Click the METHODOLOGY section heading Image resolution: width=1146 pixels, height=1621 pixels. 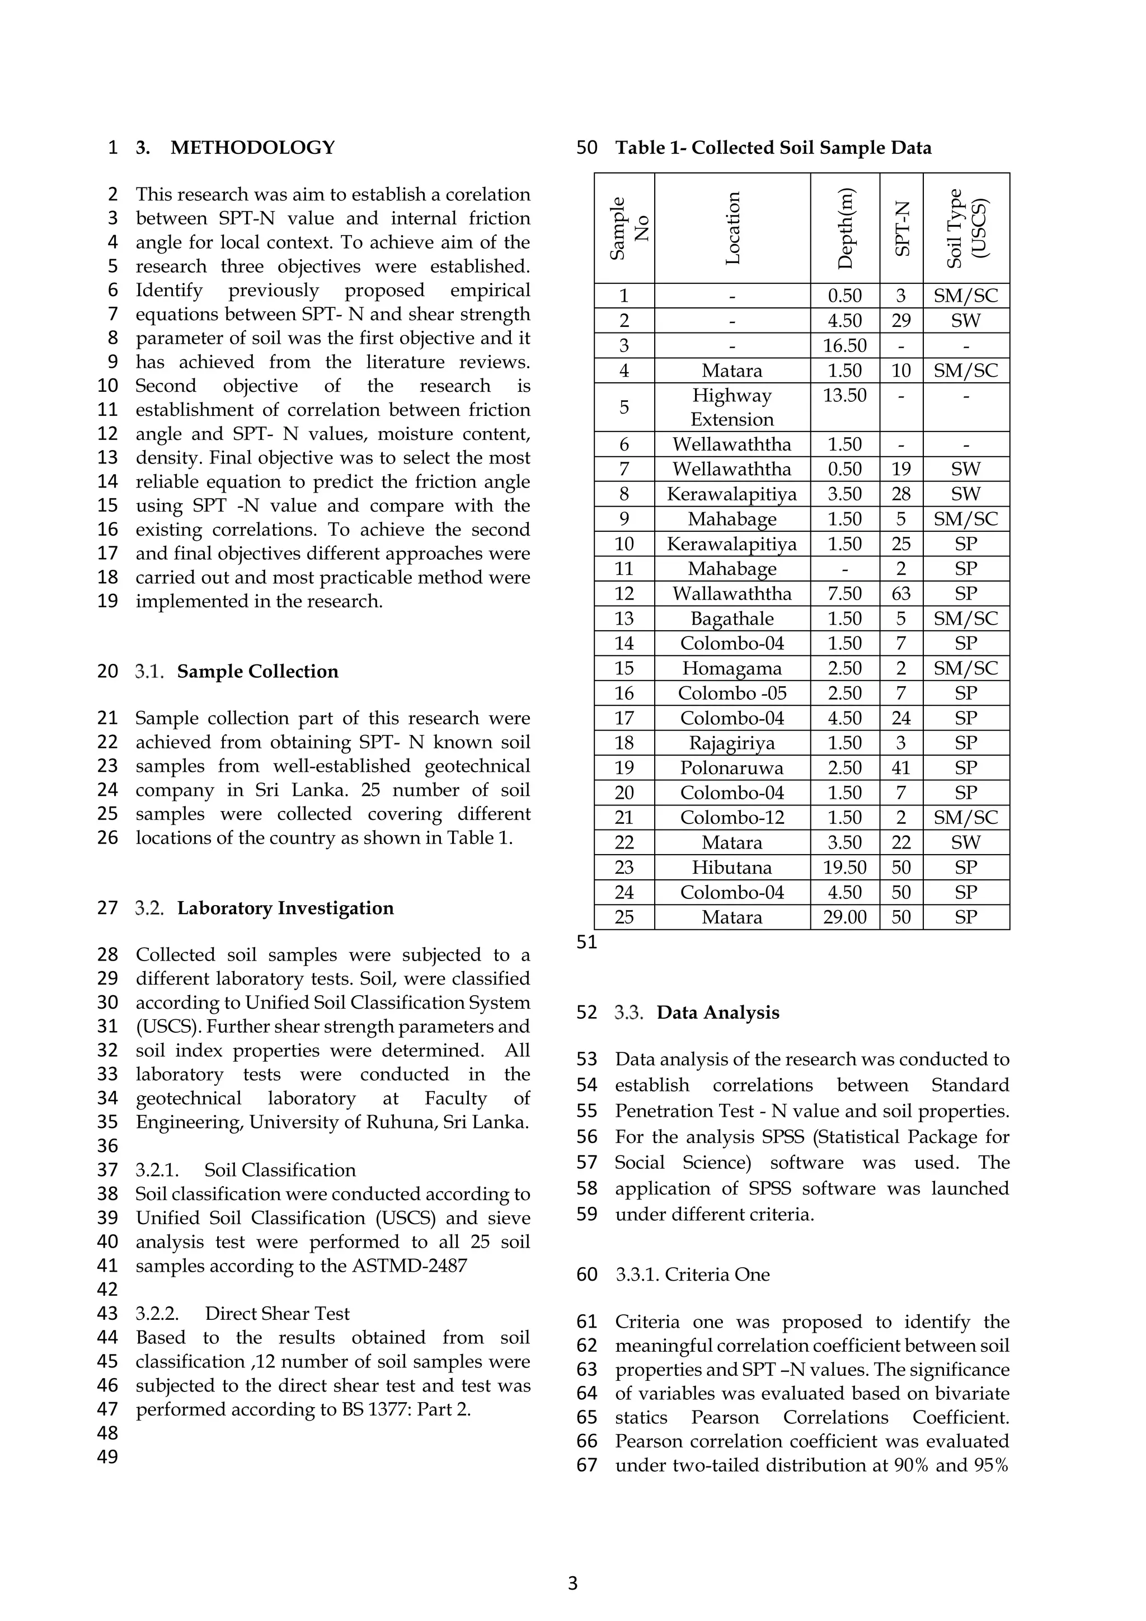click(x=252, y=148)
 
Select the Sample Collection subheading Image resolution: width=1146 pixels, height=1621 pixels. click(x=257, y=672)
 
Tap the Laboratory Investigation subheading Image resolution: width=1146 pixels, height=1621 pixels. click(x=285, y=908)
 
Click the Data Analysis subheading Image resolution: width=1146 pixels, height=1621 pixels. click(x=718, y=1013)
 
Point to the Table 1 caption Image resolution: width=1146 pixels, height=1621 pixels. click(x=773, y=148)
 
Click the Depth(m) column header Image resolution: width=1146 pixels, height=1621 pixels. click(x=845, y=228)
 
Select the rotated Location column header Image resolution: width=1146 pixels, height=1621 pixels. click(x=732, y=228)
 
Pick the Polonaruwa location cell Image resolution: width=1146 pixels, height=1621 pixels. click(x=732, y=768)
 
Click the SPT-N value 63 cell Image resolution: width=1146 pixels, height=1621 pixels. click(x=900, y=594)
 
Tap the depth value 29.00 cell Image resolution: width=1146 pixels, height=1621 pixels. click(x=845, y=917)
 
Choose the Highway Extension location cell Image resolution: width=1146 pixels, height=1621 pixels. click(x=732, y=407)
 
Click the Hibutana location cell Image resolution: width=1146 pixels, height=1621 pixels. click(x=732, y=868)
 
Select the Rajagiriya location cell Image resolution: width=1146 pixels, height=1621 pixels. click(x=732, y=743)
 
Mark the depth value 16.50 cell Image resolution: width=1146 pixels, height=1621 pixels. click(x=845, y=346)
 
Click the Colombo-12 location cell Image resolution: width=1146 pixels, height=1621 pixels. click(x=732, y=818)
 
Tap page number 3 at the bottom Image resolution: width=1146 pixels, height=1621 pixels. click(x=572, y=1583)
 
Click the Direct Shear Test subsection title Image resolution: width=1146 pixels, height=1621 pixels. click(x=278, y=1314)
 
